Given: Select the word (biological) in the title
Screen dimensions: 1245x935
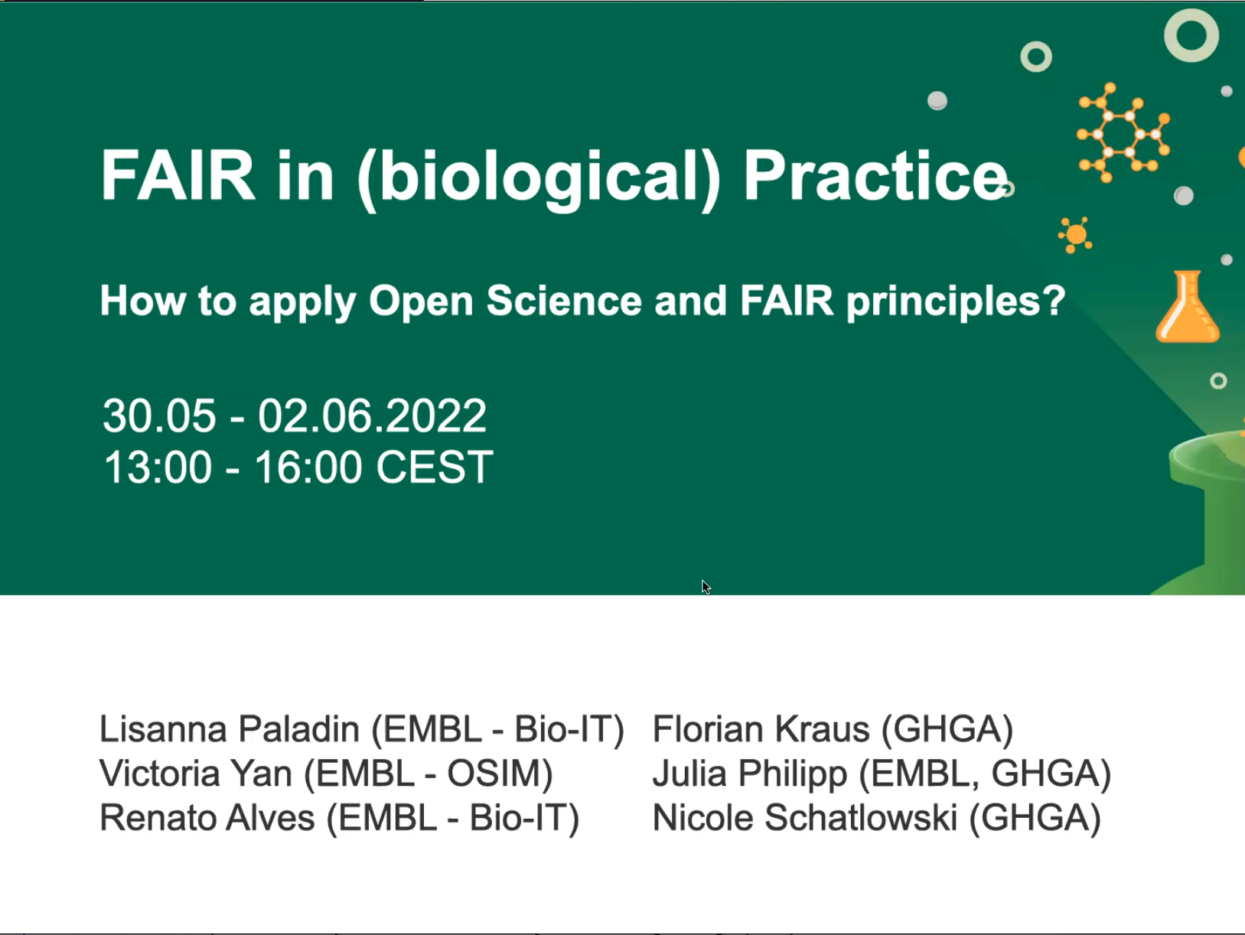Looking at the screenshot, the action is [539, 179].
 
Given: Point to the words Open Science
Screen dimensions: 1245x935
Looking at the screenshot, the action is [505, 301].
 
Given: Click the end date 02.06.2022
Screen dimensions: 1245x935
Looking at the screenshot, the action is [372, 415].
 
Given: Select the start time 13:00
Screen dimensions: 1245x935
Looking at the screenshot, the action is [158, 467].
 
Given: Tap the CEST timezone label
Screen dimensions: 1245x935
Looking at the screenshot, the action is [435, 467].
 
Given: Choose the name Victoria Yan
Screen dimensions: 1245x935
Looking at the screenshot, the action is [196, 773].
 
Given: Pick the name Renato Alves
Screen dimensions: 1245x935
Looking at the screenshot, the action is [207, 818].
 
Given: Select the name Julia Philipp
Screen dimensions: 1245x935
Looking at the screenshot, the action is [750, 774].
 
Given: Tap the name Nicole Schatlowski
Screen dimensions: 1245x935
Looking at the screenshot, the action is [805, 818].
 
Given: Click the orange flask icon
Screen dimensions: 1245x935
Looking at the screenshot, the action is [1187, 307].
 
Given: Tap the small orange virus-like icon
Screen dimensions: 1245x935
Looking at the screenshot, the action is [1075, 235].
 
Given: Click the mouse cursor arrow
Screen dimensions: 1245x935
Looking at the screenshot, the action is [706, 588].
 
